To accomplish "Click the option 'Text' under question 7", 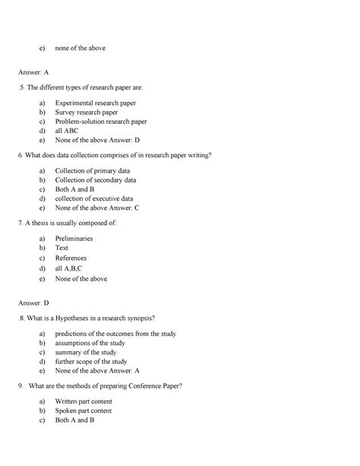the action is click(x=62, y=248).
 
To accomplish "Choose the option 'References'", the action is click(x=71, y=258).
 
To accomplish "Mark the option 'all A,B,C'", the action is click(x=69, y=268).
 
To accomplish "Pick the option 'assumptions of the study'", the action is click(x=93, y=343).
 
